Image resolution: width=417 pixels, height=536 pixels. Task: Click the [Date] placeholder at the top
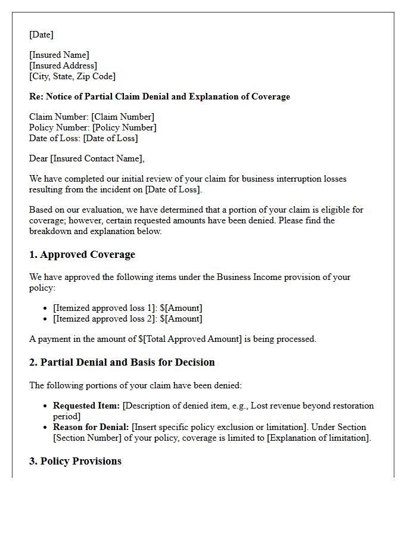coord(41,35)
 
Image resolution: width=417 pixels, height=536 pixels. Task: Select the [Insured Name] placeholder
coord(59,55)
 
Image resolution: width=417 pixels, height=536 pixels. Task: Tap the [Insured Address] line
coord(63,66)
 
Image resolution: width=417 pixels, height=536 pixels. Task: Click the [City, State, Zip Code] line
coord(72,76)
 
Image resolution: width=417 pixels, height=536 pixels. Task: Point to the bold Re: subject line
coord(160,96)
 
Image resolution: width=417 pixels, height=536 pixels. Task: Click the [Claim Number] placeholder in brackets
coord(123,117)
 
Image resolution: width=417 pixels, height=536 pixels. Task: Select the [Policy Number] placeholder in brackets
coord(124,127)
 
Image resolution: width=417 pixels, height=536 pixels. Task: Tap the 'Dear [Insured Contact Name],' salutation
coord(87,158)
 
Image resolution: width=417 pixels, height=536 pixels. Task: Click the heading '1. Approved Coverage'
coord(82,255)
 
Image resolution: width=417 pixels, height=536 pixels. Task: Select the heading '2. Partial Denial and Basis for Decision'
coord(122,362)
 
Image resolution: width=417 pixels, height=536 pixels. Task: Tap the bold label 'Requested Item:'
coord(87,406)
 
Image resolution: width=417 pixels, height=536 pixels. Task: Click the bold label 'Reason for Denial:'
coord(91,427)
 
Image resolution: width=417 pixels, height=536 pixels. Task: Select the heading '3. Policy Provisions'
coord(75,461)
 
